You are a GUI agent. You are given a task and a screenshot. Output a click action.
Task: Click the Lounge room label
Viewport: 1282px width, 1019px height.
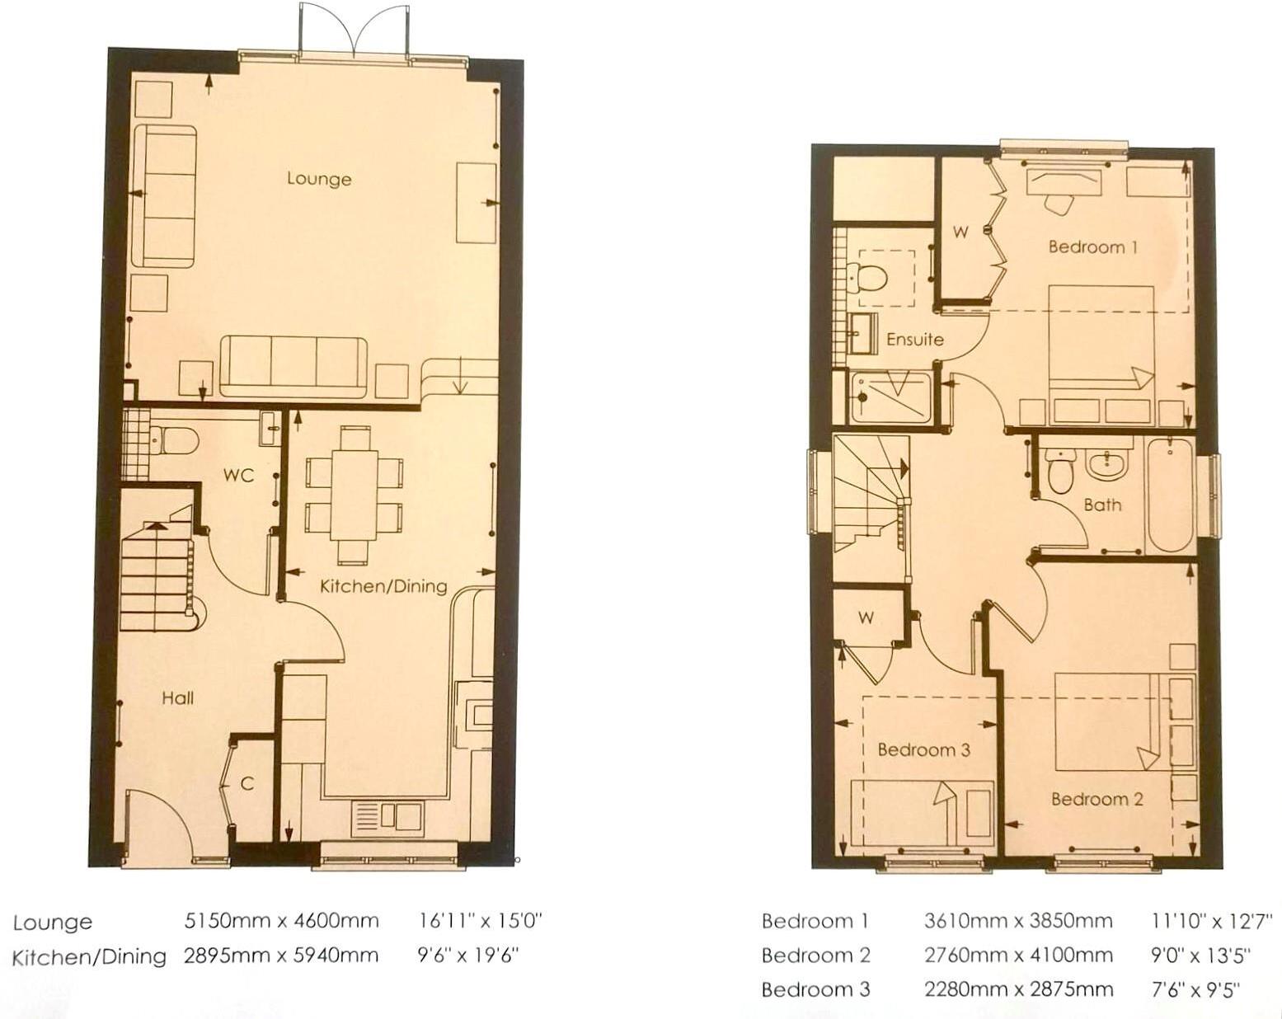(319, 179)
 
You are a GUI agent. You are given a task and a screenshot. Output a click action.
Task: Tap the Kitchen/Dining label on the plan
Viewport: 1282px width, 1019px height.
(383, 586)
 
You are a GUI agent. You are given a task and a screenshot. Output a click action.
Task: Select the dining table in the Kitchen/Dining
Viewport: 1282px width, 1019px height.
(355, 495)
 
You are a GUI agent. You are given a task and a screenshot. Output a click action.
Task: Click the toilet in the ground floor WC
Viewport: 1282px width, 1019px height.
(174, 441)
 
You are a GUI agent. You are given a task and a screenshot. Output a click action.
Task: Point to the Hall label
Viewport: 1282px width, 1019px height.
(177, 698)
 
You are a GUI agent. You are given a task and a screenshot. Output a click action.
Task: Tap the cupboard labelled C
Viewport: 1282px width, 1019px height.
(247, 784)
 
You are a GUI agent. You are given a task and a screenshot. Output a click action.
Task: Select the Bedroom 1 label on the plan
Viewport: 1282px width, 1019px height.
(1092, 247)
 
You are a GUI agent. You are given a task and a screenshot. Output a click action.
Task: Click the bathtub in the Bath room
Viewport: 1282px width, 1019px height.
(1168, 495)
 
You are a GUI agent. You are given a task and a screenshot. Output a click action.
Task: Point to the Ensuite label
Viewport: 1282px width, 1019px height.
(915, 339)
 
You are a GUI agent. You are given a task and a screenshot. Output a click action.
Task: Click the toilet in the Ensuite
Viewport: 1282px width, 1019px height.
(869, 275)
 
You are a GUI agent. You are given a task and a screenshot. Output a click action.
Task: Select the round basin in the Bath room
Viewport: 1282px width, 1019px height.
(1109, 465)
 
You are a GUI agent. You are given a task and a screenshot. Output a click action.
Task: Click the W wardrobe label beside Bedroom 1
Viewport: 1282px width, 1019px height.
(960, 232)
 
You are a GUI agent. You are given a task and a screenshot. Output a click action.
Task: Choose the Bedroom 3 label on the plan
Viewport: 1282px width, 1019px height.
(923, 750)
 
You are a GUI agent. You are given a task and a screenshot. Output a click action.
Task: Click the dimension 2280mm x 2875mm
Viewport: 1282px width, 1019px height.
(1018, 989)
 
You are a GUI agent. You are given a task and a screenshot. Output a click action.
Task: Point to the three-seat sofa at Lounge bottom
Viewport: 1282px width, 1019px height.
(294, 365)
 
